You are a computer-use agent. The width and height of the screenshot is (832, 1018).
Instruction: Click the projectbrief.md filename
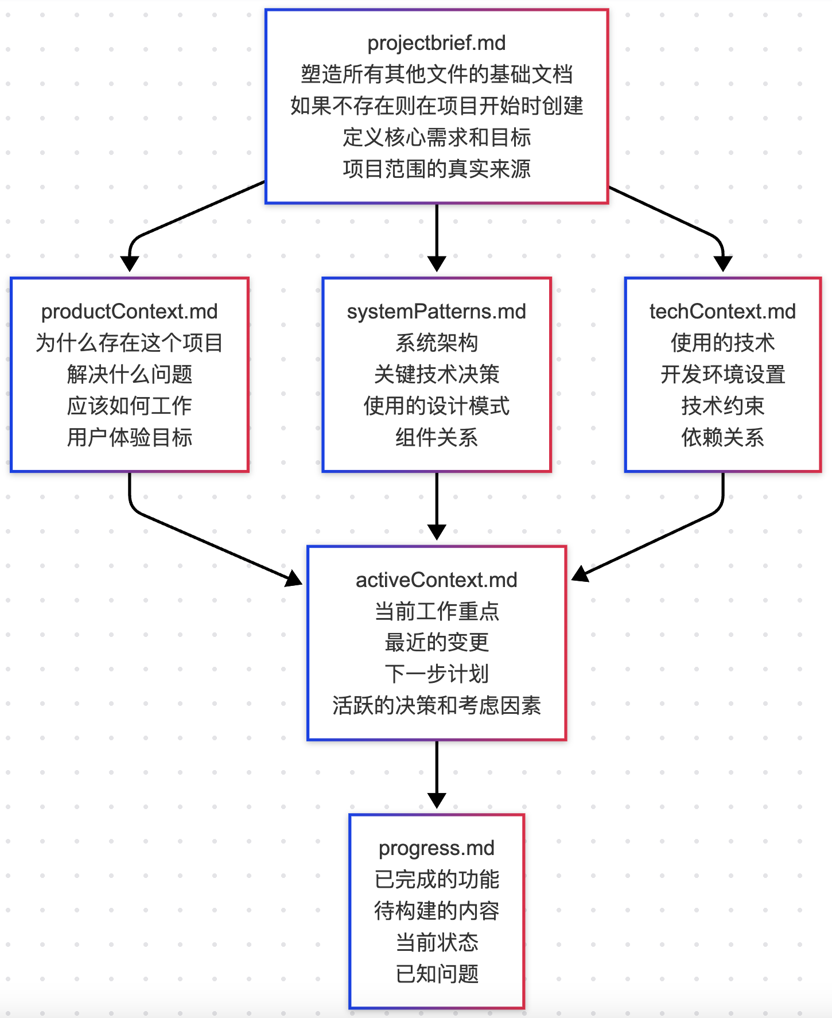pos(436,43)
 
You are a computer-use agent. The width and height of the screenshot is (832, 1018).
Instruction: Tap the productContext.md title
pos(129,312)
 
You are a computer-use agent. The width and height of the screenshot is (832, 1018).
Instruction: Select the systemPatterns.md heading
pos(436,312)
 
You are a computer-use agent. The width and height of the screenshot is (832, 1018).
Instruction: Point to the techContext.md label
pos(722,312)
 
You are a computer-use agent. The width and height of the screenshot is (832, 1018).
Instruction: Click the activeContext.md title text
pos(436,580)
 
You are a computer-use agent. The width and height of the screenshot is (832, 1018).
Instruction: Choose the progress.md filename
pos(436,848)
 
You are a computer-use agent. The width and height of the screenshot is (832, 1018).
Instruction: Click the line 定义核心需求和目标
pos(436,138)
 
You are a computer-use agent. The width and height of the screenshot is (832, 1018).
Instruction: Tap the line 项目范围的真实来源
pos(436,169)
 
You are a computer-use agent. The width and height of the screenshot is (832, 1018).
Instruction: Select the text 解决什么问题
pos(129,375)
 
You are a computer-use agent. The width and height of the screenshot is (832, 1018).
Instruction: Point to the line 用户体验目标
pos(129,438)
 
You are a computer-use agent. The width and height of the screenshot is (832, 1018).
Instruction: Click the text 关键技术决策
pos(436,375)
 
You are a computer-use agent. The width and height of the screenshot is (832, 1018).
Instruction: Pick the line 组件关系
pos(436,438)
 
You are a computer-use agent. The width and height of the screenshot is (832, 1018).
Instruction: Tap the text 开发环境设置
pos(722,375)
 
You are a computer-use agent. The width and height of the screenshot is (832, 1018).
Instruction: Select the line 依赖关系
pos(722,438)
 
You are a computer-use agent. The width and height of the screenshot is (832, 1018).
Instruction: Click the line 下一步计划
pos(436,674)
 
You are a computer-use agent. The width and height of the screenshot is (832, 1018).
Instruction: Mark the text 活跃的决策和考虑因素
pos(436,706)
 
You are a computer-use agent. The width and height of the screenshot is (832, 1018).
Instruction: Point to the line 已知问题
pos(436,974)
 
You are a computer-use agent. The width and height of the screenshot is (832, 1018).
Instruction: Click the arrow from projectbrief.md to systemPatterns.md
pos(437,235)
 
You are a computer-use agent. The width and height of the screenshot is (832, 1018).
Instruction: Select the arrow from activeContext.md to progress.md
pos(437,772)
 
